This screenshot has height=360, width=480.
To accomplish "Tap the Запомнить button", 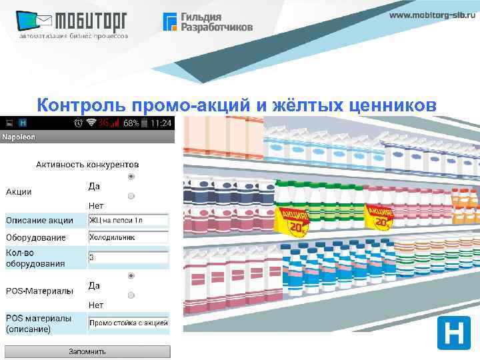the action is coord(87,351).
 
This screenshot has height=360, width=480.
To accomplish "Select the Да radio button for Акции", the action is coord(131,177).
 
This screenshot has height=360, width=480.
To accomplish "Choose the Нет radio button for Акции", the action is coord(131,196).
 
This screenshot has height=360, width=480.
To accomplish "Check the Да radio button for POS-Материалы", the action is coord(131,275).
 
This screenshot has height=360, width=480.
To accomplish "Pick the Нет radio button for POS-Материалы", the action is coord(131,295).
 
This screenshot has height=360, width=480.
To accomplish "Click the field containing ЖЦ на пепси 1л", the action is coord(128,220).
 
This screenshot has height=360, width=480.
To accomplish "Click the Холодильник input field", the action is coord(128,237).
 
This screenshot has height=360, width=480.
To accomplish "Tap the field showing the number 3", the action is coord(128,257).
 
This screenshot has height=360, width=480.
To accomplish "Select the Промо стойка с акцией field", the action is coord(128,323).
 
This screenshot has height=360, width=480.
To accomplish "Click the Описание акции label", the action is coord(40,220).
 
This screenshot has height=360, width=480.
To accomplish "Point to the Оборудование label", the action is coord(36,237).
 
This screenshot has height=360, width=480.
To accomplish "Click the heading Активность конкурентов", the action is coord(87,163).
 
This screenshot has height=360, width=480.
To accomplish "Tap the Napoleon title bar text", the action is coord(19,137).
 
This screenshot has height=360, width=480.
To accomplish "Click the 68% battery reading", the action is coord(131,123).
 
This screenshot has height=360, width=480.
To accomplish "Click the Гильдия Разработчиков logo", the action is coord(208,22).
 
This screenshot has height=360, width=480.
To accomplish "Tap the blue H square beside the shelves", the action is coord(453,333).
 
